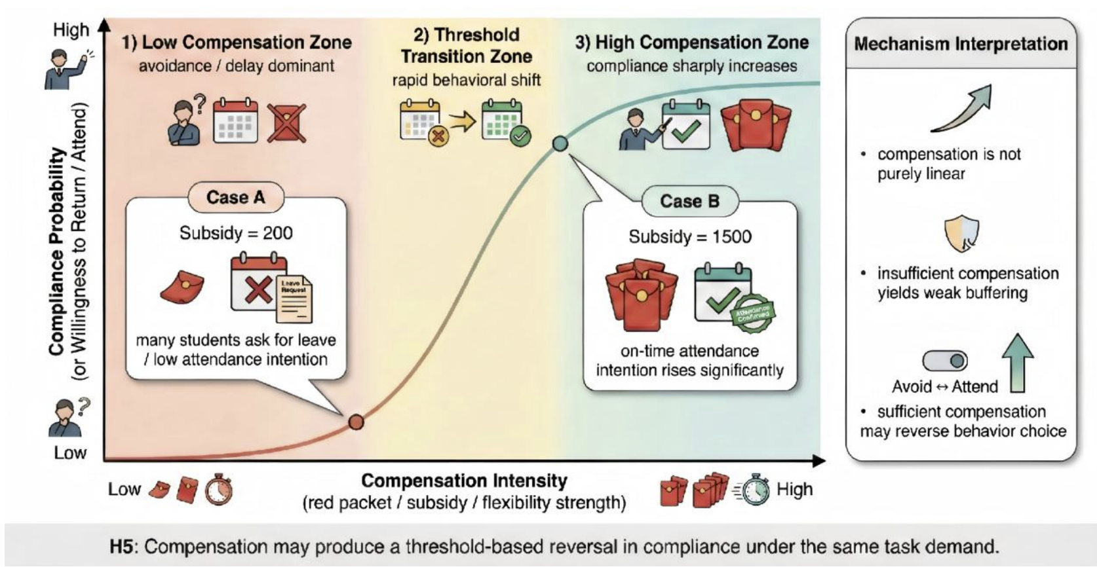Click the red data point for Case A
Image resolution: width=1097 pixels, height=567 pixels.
pos(356,422)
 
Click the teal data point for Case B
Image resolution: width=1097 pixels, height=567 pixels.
pos(560,143)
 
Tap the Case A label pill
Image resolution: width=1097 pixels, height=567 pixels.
pos(235,197)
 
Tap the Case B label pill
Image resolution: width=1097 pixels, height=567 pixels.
pos(689,201)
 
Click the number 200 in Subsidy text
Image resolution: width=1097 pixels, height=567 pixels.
pos(278,233)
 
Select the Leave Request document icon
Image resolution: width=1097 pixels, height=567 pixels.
pos(294,299)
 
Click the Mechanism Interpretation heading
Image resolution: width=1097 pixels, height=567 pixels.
pos(961,44)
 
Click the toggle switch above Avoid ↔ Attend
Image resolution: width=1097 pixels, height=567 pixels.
pos(945,360)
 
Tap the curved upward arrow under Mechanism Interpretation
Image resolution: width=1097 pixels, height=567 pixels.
pos(962,109)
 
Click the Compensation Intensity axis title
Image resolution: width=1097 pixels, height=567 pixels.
pos(464,481)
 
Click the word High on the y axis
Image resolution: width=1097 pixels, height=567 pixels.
pos(71,30)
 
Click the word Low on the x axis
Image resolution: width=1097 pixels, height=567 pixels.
pos(124,489)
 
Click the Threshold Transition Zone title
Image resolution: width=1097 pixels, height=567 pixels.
pos(466,45)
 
